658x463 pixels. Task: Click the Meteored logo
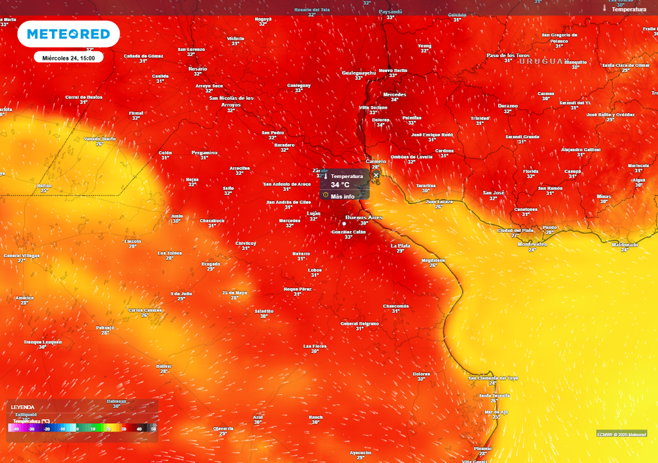(x=68, y=34)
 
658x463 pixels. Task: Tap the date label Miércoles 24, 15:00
(x=68, y=58)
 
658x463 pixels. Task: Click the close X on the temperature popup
(x=376, y=175)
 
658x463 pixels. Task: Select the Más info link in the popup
(x=342, y=196)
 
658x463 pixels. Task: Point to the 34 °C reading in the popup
(x=340, y=185)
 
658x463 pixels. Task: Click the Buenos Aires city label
(x=364, y=217)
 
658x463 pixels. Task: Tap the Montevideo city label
(x=532, y=244)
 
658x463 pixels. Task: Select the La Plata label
(x=400, y=246)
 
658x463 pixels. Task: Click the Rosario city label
(x=198, y=69)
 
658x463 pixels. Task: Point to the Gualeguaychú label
(x=359, y=73)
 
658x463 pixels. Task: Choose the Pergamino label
(x=204, y=152)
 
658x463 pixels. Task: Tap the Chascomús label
(x=396, y=305)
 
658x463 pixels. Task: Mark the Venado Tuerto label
(x=100, y=139)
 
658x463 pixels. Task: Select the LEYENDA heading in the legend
(x=22, y=407)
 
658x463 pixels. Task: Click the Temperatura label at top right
(x=628, y=10)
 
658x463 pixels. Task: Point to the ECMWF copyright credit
(x=621, y=433)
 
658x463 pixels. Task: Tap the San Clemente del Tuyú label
(x=493, y=378)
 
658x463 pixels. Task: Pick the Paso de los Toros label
(x=508, y=55)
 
